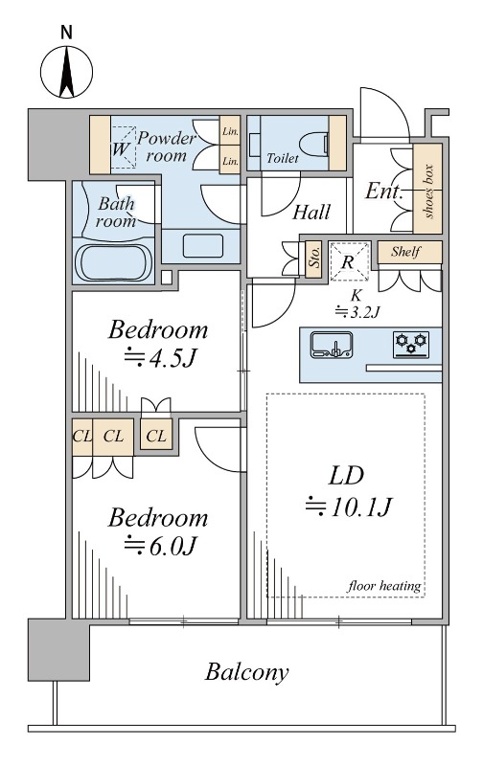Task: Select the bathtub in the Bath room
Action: coord(113,262)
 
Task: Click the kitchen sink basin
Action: coord(332,345)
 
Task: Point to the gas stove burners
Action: coord(411,344)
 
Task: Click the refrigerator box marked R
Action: coord(348,261)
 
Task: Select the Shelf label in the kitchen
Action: coord(405,252)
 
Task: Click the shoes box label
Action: coord(428,191)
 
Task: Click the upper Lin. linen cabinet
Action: coord(230,130)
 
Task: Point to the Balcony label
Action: coord(246,672)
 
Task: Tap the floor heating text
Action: coord(384,586)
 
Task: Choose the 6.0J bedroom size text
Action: coord(160,546)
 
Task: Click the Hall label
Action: coord(311,213)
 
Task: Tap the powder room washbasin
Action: coord(203,246)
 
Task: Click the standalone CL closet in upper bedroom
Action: coord(156,435)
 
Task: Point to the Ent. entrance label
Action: coord(384,191)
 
